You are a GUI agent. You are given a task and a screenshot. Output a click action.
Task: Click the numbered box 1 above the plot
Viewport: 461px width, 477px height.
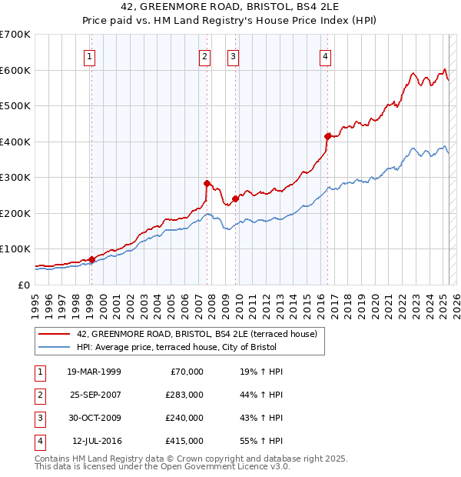click(x=91, y=55)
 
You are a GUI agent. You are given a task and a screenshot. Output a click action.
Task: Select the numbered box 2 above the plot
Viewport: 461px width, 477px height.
click(x=205, y=55)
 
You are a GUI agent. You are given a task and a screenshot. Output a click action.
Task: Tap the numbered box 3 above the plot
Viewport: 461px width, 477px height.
click(x=232, y=55)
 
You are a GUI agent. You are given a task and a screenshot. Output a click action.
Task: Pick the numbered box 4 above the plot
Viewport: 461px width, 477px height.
click(x=326, y=55)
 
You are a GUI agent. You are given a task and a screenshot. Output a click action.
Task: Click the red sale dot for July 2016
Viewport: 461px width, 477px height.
click(x=327, y=136)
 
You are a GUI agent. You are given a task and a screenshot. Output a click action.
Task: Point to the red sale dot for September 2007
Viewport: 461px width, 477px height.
click(x=207, y=183)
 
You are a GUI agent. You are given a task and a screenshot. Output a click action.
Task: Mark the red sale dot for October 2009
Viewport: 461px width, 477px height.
click(x=235, y=198)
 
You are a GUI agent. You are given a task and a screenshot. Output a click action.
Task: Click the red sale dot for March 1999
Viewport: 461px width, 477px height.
click(x=91, y=259)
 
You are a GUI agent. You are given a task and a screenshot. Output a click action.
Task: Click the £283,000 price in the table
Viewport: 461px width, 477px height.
click(x=184, y=395)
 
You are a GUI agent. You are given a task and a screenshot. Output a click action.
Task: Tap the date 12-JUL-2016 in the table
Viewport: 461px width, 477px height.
click(x=97, y=441)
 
